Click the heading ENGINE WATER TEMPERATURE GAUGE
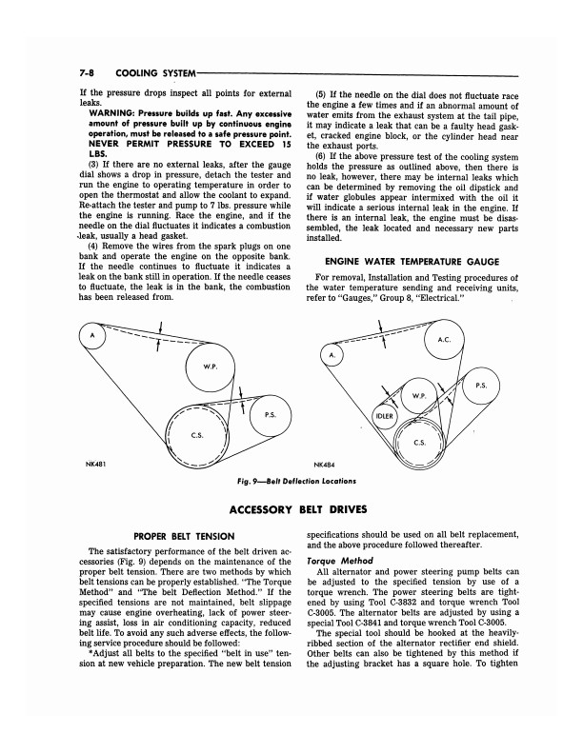click(x=412, y=262)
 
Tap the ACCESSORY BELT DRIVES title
click(x=298, y=509)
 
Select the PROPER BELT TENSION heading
click(x=184, y=537)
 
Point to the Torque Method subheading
click(x=340, y=561)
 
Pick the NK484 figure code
click(x=324, y=465)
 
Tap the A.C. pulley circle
click(x=444, y=340)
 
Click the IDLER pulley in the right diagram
click(x=385, y=416)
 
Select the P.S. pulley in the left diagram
click(x=271, y=415)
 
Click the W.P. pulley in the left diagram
click(x=211, y=367)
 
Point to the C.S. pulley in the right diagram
click(x=419, y=443)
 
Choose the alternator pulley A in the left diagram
click(x=92, y=335)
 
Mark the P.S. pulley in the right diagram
click(x=481, y=386)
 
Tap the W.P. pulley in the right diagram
click(x=418, y=396)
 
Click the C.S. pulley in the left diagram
click(x=197, y=436)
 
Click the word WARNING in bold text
click(x=111, y=114)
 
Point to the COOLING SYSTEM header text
click(x=156, y=73)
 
